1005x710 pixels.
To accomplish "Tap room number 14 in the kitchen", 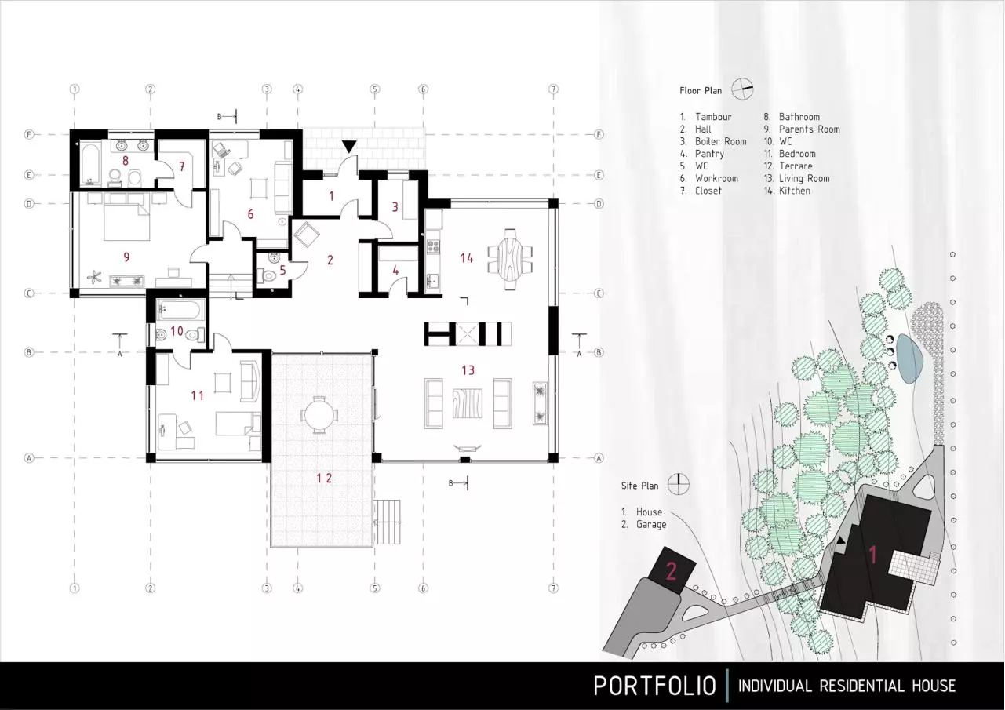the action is click(467, 258).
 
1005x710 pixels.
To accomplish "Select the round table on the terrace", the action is click(319, 415).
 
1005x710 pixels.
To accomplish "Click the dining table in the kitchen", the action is click(510, 259).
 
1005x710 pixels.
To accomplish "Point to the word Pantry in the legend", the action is click(709, 154).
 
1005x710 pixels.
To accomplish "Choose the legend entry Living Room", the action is click(804, 179).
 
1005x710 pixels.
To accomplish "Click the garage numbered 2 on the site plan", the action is click(672, 570).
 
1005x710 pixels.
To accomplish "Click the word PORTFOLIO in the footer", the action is click(654, 686).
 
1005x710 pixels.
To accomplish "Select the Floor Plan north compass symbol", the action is click(742, 89).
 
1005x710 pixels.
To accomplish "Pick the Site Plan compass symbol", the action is click(679, 484).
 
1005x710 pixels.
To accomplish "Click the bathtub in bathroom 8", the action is click(93, 163).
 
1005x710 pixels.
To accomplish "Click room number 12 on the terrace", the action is click(324, 478).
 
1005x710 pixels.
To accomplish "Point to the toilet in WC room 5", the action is click(268, 275).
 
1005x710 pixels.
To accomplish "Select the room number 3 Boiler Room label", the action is click(395, 207).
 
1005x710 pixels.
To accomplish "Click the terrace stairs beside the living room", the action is click(387, 522).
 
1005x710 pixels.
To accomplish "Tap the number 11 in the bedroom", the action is click(198, 395).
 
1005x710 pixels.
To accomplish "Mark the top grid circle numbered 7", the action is click(553, 89).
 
